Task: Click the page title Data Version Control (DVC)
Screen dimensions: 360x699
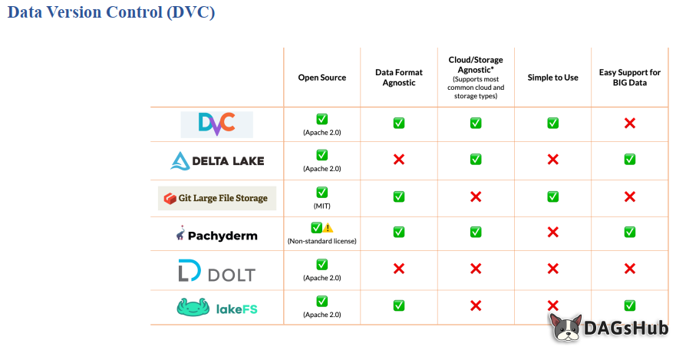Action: click(111, 13)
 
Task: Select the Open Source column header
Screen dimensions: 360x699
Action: click(322, 78)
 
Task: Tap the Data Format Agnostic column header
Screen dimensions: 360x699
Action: click(399, 78)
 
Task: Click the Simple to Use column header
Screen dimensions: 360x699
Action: click(552, 78)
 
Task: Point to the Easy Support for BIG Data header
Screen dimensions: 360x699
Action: click(629, 78)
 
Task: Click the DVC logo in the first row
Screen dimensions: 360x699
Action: click(216, 124)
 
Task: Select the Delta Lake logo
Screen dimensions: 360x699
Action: click(217, 160)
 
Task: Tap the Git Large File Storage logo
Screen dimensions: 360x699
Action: click(216, 198)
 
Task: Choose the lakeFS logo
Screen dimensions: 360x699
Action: click(217, 308)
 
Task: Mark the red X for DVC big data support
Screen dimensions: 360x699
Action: click(630, 123)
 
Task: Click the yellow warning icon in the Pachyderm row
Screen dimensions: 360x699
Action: click(328, 228)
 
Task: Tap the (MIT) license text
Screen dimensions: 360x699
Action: click(322, 206)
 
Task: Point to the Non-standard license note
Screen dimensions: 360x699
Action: click(322, 241)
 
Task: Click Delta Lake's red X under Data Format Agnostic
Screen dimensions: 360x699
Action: click(399, 160)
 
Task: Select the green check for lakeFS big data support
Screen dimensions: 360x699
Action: click(630, 306)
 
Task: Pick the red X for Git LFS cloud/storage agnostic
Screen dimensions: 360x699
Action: click(476, 197)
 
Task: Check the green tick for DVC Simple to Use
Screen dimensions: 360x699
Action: click(552, 123)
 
